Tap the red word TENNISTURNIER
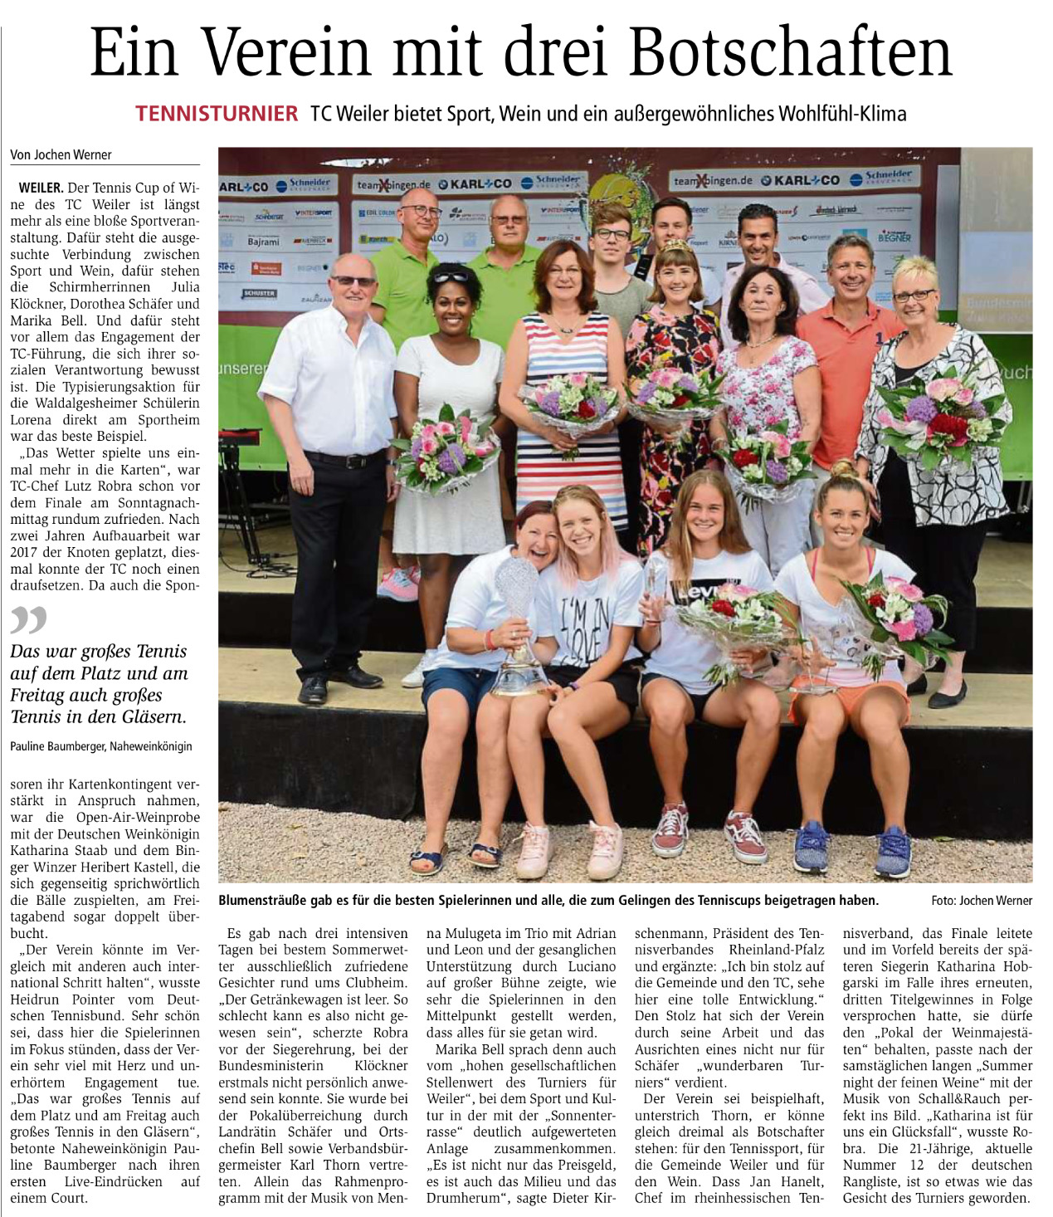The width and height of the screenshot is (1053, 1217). [x=217, y=114]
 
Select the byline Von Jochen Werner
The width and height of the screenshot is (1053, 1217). [x=61, y=155]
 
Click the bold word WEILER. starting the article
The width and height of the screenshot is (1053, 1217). [x=40, y=188]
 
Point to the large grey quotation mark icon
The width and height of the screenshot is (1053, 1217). [x=29, y=620]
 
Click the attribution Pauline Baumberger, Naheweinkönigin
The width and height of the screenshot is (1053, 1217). [x=101, y=746]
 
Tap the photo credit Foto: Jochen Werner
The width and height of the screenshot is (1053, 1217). [x=982, y=901]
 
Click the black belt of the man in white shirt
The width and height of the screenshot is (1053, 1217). [x=344, y=457]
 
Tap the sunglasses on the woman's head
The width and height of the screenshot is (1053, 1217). [x=450, y=277]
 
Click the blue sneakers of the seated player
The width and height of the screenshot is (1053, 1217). [x=851, y=848]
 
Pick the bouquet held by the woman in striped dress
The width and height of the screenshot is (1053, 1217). [x=572, y=405]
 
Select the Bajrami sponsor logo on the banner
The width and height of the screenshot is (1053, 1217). [x=264, y=242]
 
